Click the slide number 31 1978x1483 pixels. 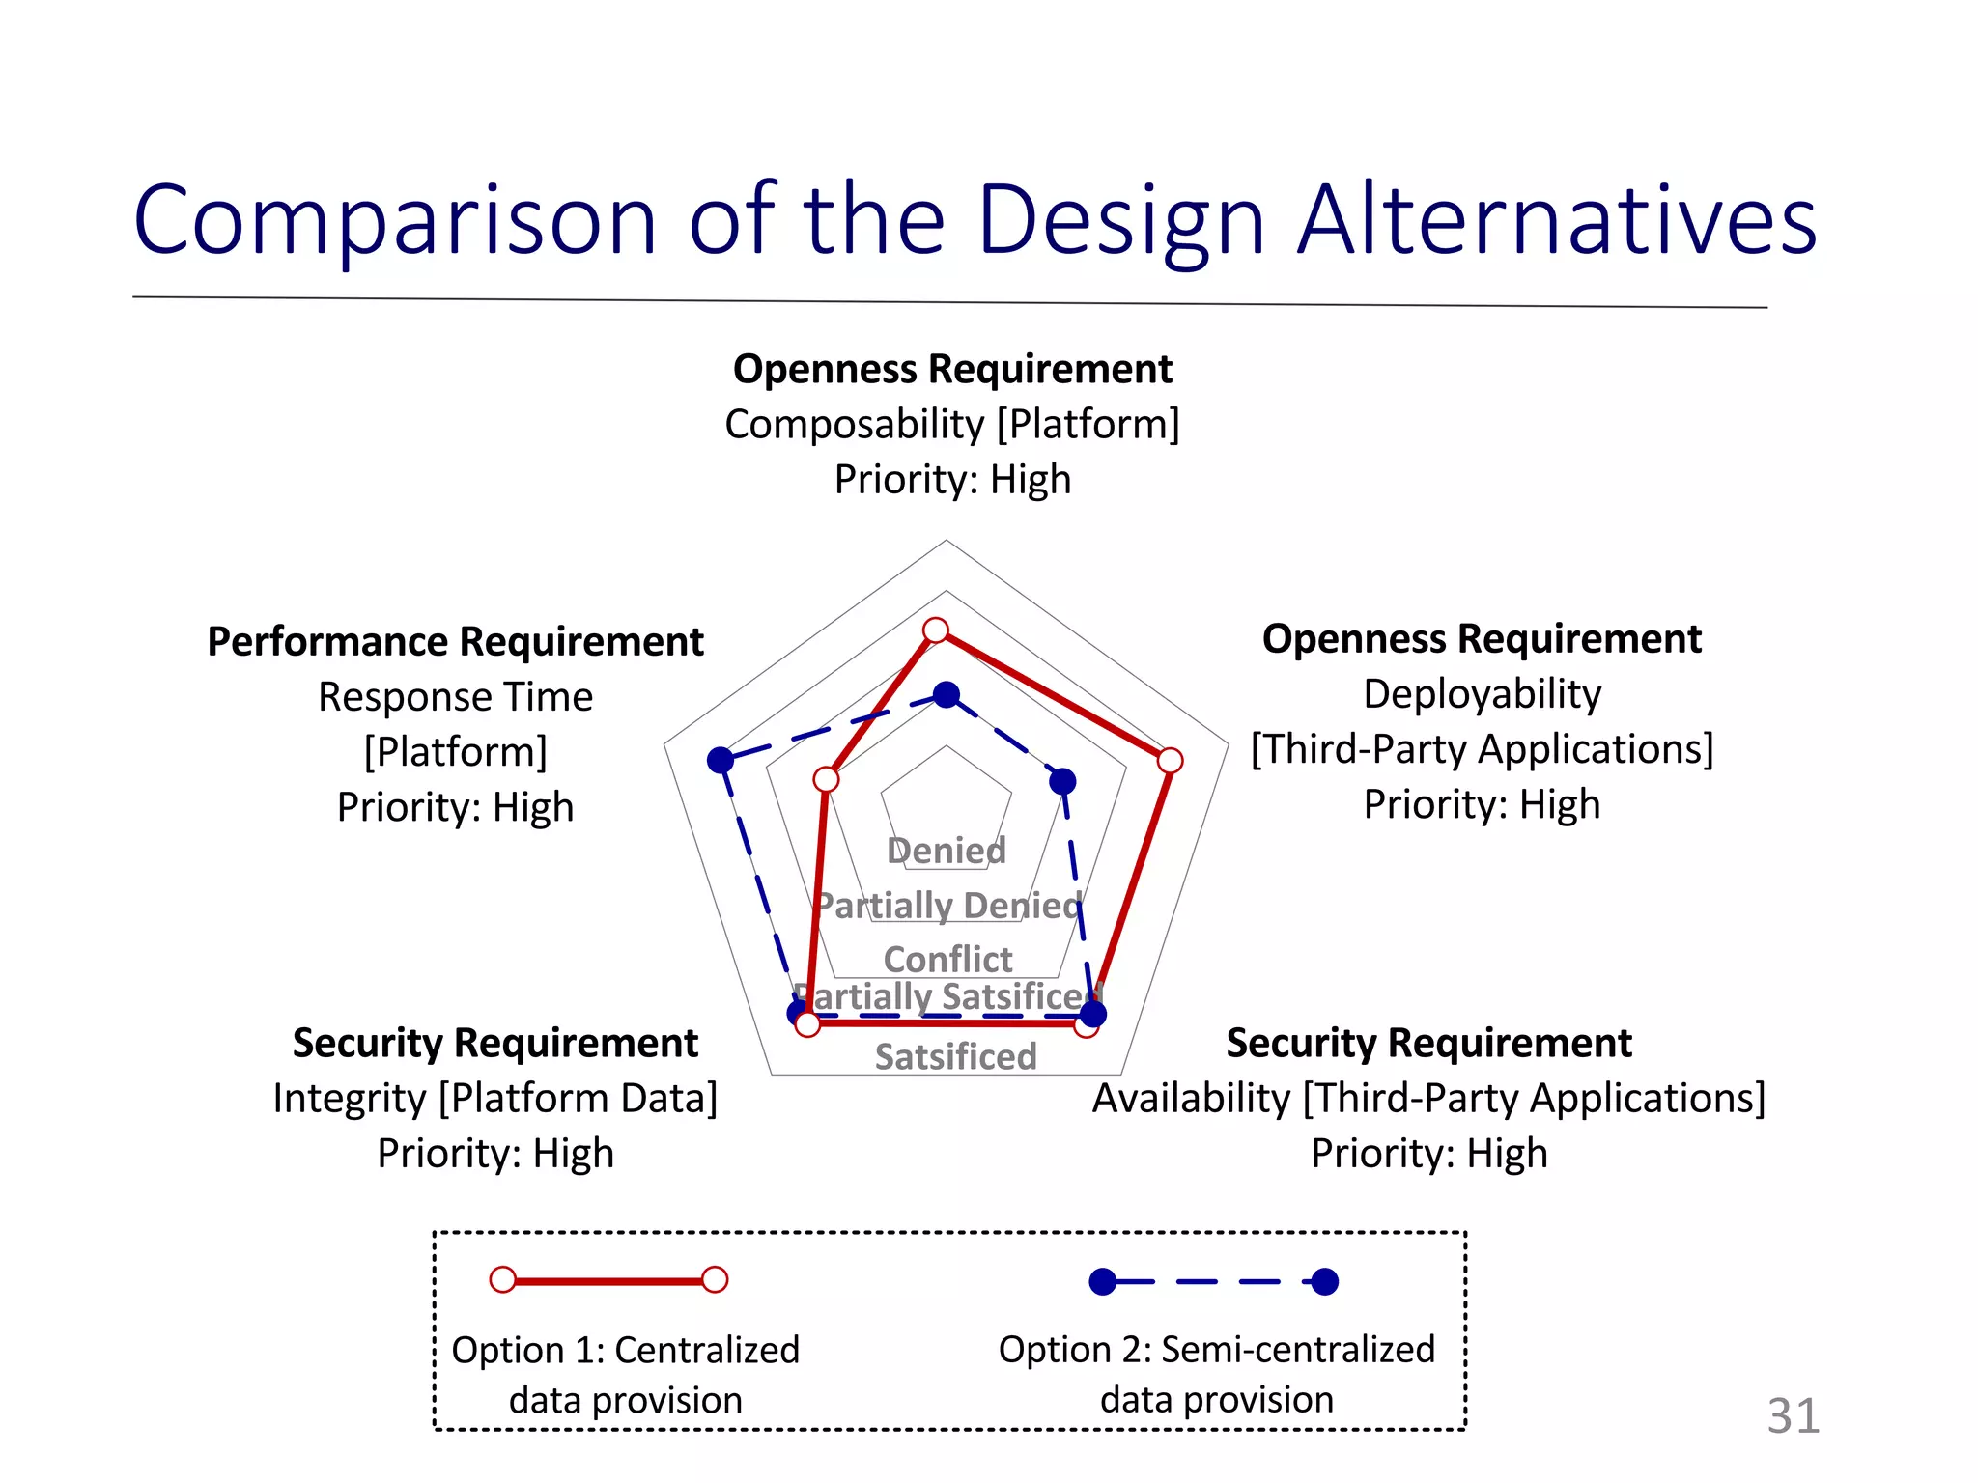coord(1793,1416)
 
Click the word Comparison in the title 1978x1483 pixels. coord(395,221)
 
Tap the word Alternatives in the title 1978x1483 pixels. coord(1556,221)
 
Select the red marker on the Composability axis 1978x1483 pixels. coord(935,630)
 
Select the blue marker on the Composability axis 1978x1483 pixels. coord(947,694)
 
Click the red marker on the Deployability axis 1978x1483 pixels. coord(1170,760)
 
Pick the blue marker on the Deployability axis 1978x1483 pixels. coord(1062,781)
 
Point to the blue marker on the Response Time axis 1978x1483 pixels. coord(721,760)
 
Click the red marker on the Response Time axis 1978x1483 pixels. coord(826,779)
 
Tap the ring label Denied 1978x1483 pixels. coord(947,851)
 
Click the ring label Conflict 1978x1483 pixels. coord(947,959)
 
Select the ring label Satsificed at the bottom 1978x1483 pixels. coord(955,1056)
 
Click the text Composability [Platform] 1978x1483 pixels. coord(952,424)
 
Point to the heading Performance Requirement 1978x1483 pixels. coord(455,641)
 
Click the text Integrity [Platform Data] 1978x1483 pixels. coord(495,1098)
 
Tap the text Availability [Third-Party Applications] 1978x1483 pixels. coord(1428,1098)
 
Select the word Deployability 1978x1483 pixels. coord(1482,693)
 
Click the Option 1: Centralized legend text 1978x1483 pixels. coord(625,1350)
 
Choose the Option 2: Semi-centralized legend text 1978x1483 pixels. coord(1216,1349)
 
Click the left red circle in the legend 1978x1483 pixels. coord(503,1279)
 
